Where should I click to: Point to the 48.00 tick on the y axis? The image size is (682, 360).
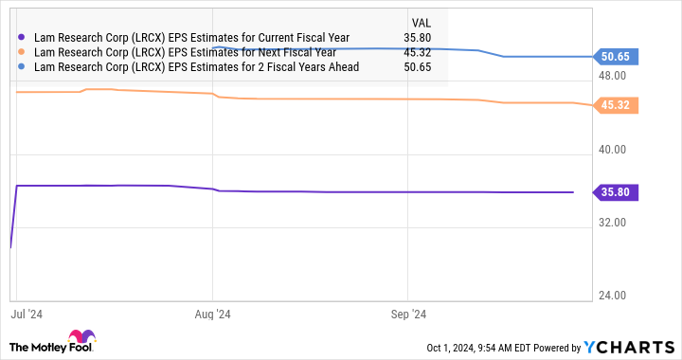coord(615,76)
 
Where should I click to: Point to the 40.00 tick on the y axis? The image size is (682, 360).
coord(615,149)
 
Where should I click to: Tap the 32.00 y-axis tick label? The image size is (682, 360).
coord(615,222)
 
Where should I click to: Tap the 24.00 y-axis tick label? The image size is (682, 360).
coord(615,295)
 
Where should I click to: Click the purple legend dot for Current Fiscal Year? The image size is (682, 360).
coord(22,39)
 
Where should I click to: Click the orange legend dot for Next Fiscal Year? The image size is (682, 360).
coord(22,53)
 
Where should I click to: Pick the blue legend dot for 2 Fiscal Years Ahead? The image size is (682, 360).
coord(22,67)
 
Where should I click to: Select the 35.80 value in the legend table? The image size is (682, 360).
coord(417,39)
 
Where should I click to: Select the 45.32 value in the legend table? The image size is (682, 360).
coord(417,53)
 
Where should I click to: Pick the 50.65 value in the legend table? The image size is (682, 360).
coord(417,67)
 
